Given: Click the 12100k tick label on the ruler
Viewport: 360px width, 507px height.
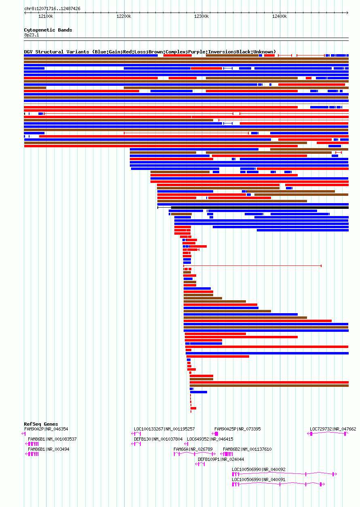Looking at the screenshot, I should (x=46, y=16).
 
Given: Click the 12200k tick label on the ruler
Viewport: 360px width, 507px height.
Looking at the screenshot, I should (x=124, y=16).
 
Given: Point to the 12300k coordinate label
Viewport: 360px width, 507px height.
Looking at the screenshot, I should (x=201, y=16).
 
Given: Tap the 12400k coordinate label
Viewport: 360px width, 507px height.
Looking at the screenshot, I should (x=280, y=16).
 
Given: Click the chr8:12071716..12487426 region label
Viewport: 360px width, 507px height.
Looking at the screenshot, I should (x=52, y=8).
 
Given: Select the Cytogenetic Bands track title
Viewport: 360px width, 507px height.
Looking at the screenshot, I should (x=48, y=30).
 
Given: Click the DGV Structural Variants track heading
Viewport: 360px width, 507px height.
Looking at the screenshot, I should (x=150, y=52).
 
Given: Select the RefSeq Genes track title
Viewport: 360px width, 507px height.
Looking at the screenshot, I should (x=41, y=424).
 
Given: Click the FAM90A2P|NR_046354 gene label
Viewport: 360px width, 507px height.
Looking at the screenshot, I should (x=46, y=429).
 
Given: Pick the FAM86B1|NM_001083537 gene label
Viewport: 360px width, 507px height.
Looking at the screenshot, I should (x=52, y=439).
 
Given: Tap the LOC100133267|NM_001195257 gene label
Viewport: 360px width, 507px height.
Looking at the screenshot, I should (x=164, y=429).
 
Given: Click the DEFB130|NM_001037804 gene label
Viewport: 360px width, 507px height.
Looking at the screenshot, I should (x=158, y=439).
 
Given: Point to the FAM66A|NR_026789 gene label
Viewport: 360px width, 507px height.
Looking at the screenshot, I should (x=193, y=449).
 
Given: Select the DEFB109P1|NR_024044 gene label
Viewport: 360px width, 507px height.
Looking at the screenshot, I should (x=221, y=459).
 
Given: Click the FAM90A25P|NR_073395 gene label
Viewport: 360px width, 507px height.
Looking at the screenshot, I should (x=237, y=429).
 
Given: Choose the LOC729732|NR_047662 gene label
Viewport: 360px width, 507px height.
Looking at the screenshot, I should (x=333, y=429).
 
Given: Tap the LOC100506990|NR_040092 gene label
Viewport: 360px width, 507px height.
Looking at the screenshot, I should (x=258, y=469).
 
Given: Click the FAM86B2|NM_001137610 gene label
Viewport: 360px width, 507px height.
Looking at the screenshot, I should (x=247, y=449).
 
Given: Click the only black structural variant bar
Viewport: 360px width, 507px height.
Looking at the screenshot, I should (x=259, y=208).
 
